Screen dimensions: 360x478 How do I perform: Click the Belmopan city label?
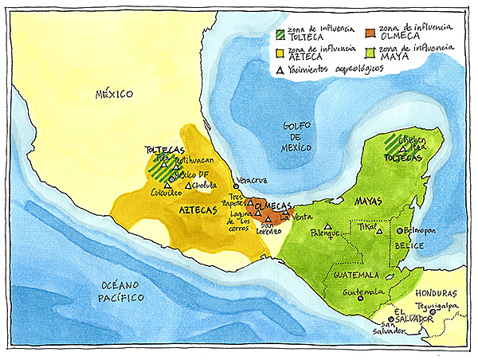(x=417, y=230)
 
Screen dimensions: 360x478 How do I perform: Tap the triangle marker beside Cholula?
(x=188, y=186)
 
